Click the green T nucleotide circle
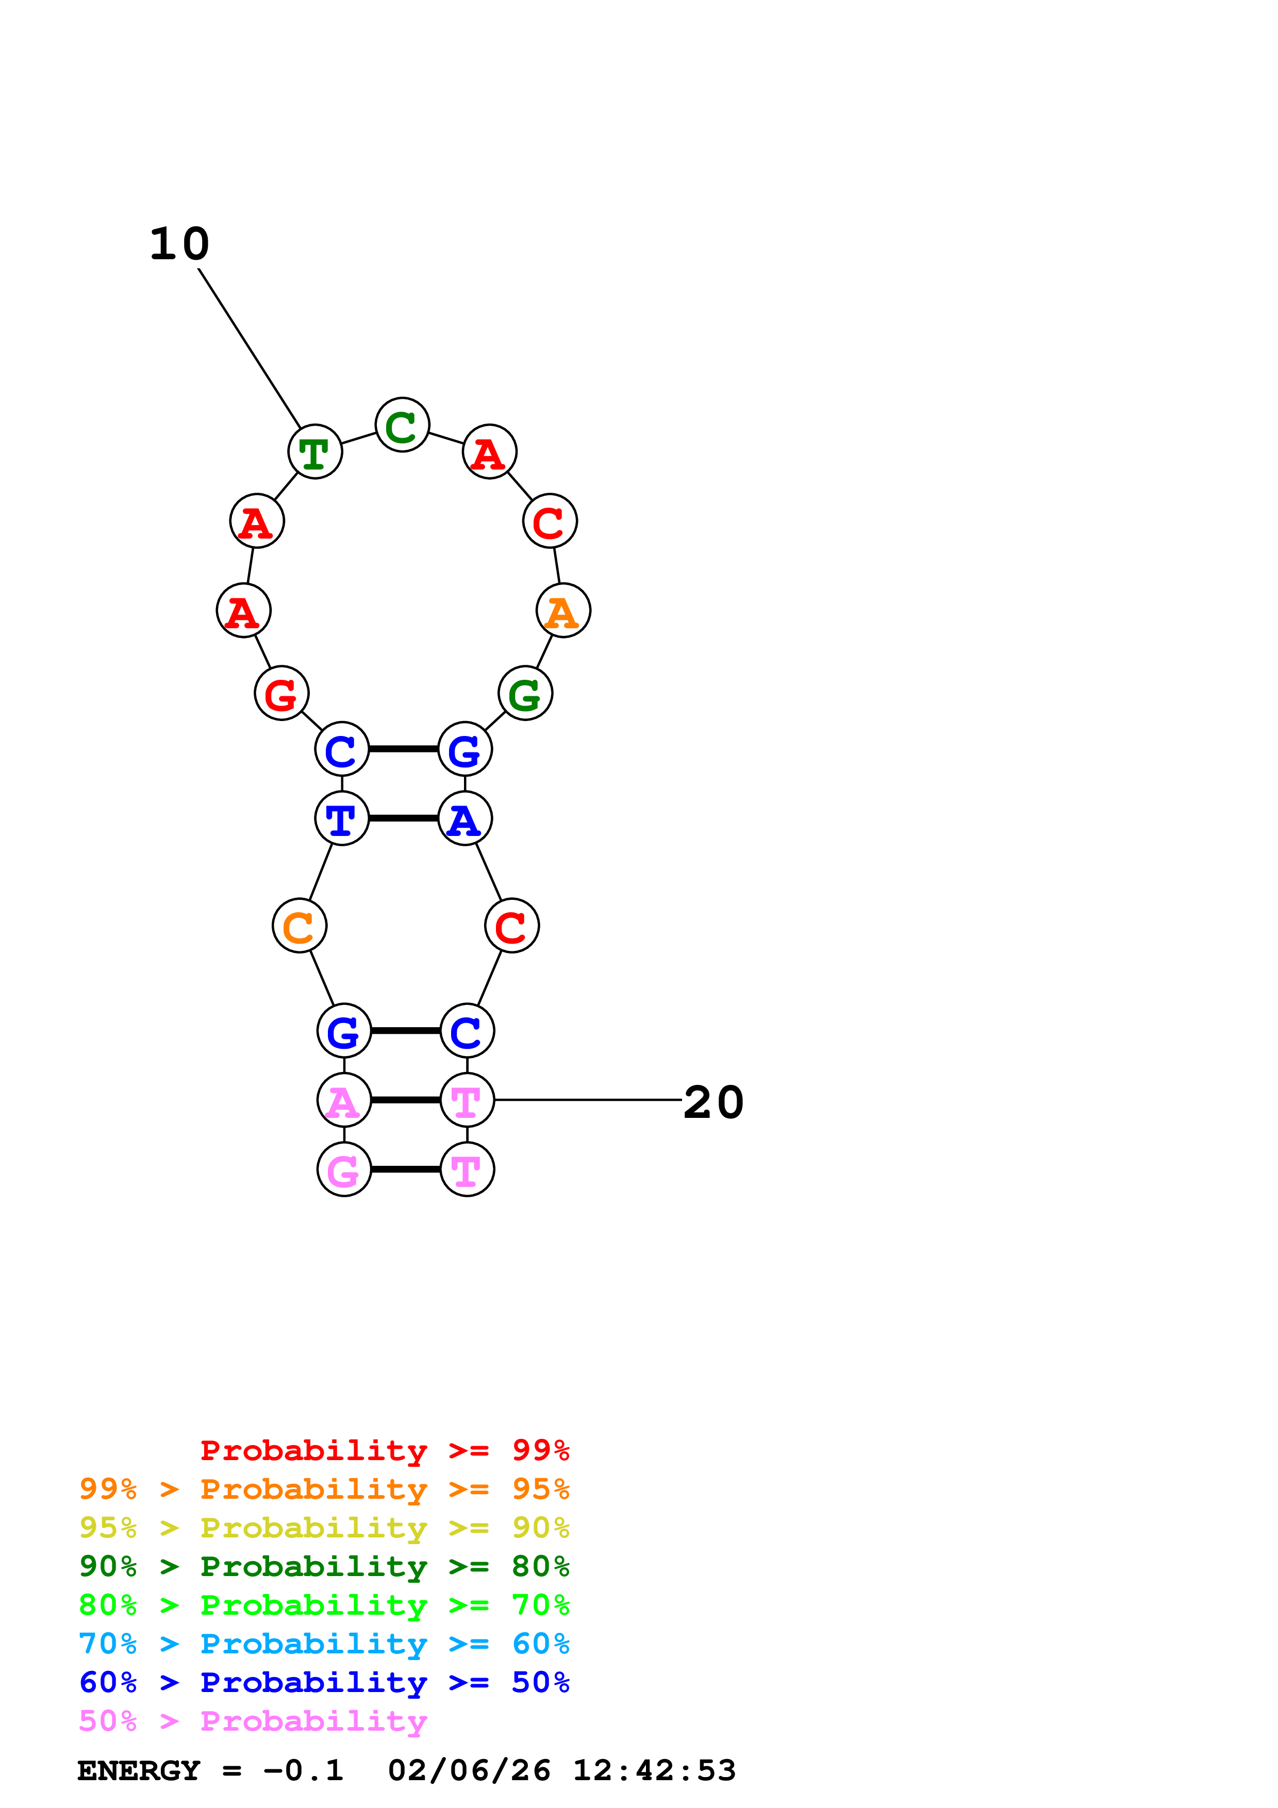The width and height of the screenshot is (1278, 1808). coord(315,452)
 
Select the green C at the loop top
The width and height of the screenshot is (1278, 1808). coord(403,425)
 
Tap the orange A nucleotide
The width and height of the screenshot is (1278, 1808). coord(563,610)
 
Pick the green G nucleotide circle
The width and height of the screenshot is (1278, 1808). coord(525,693)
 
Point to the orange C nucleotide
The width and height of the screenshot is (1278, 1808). coord(299,926)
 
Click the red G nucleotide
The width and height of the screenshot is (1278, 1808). coord(281,693)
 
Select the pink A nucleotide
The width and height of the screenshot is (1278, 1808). coord(344,1100)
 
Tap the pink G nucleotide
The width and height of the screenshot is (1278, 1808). coord(344,1169)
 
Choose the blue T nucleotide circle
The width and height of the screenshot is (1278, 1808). coord(342,818)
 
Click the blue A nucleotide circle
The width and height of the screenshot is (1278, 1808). coord(464,818)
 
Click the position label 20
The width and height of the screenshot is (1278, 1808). coord(713,1101)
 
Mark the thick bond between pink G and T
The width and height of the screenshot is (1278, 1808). coord(406,1169)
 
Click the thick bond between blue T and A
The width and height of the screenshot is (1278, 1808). coord(403,818)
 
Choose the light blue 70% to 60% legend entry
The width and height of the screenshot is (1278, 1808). coord(324,1644)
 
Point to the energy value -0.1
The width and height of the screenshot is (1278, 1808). coord(303,1770)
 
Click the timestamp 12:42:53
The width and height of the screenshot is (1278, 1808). coord(654,1770)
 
